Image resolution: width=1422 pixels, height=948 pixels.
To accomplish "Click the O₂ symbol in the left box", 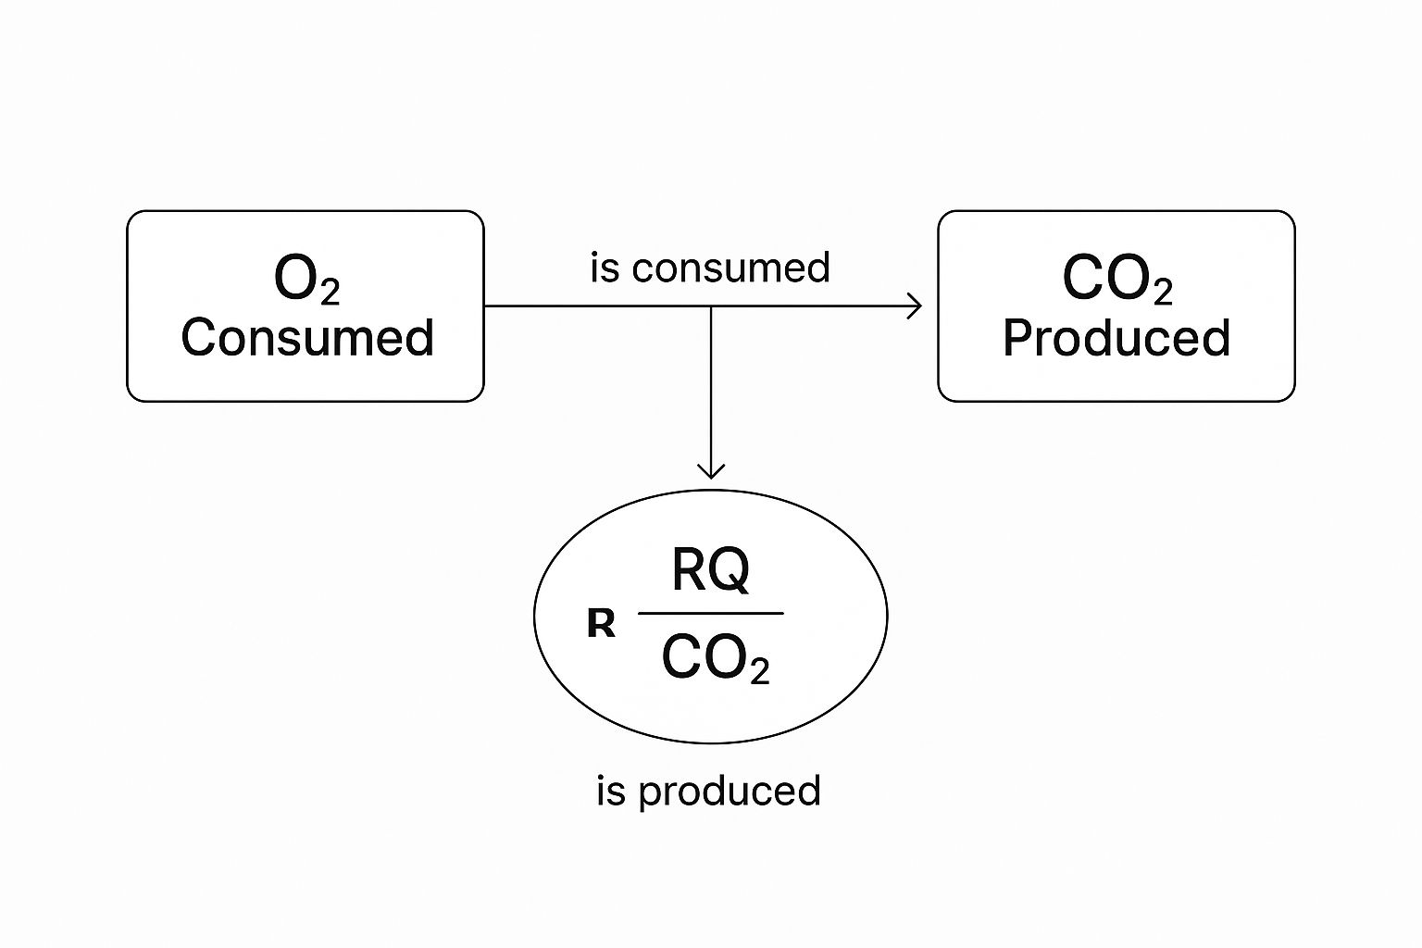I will [x=306, y=279].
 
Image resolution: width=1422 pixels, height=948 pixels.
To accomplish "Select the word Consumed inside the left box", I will [x=306, y=338].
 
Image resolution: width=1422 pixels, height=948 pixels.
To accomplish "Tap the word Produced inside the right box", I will [x=1116, y=338].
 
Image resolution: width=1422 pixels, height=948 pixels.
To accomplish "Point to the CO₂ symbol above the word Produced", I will [x=1116, y=279].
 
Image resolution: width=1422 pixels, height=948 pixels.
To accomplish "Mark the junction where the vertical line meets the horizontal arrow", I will [x=710, y=306].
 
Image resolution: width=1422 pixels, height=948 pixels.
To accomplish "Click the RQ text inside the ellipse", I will [x=710, y=570].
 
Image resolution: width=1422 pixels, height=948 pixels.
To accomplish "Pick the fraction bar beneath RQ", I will [x=710, y=613].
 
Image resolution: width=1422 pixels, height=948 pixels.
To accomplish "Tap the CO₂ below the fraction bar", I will [x=715, y=659].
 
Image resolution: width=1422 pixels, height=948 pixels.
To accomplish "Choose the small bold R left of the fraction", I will [x=601, y=625].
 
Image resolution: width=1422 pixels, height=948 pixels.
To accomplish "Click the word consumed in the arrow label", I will [x=731, y=268].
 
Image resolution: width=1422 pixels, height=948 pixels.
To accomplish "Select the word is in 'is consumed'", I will [x=605, y=268].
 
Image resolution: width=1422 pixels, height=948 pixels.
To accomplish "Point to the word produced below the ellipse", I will [x=730, y=792].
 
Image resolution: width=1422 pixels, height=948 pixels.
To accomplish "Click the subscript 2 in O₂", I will [x=330, y=293].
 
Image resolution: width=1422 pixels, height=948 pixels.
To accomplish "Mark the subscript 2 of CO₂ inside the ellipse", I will [x=759, y=671].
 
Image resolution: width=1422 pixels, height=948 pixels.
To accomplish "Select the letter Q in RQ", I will [x=731, y=571].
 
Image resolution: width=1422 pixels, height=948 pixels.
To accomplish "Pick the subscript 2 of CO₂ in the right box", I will [x=1163, y=293].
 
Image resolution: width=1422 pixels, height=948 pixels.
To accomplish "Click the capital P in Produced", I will [x=1017, y=338].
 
